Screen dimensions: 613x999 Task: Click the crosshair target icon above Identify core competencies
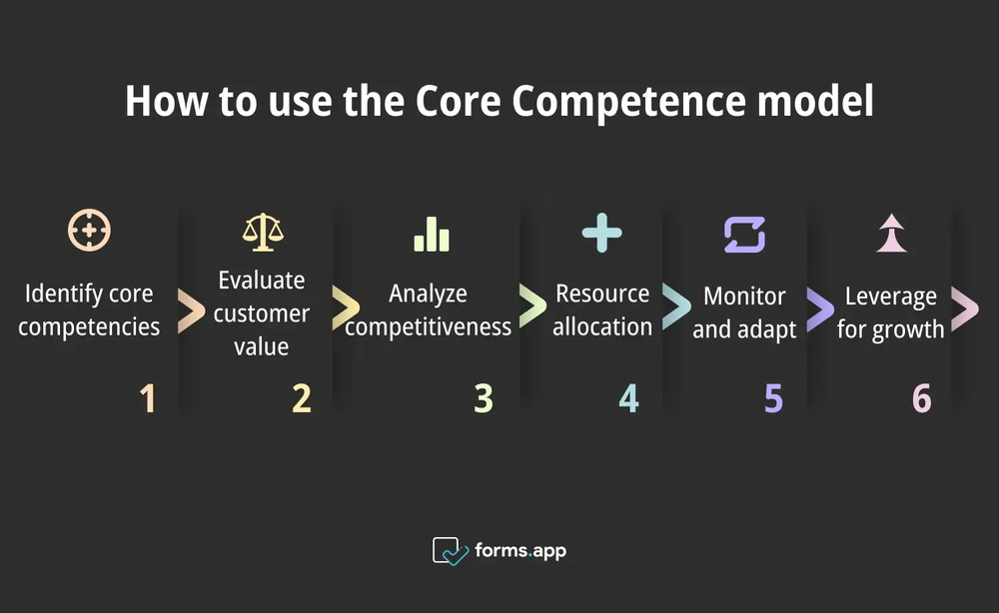89,230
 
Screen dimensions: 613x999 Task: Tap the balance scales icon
263,231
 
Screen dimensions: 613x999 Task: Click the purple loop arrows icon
744,234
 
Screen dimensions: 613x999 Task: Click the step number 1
148,398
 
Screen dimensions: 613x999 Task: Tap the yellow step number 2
302,398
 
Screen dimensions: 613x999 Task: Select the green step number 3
484,398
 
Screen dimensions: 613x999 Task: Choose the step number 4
628,398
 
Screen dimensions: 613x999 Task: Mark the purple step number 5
773,398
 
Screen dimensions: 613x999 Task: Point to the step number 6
921,398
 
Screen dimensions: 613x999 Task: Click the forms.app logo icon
450,551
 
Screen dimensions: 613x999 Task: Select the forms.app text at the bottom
520,550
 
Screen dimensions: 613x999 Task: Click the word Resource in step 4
602,294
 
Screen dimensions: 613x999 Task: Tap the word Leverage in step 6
891,297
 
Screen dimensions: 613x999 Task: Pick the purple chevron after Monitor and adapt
820,310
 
